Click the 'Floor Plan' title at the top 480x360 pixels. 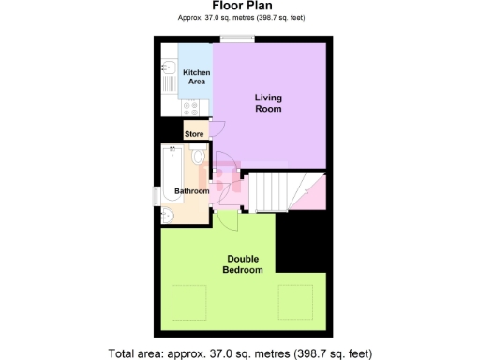pyautogui.click(x=241, y=6)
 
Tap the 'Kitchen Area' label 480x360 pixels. pyautogui.click(x=196, y=77)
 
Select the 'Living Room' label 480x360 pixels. pyautogui.click(x=269, y=102)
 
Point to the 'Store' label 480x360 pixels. pyautogui.click(x=194, y=135)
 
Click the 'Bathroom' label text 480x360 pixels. pyautogui.click(x=192, y=191)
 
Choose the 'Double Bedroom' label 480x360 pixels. pyautogui.click(x=242, y=264)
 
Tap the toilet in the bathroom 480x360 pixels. pyautogui.click(x=197, y=159)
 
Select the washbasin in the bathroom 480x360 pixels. pyautogui.click(x=167, y=216)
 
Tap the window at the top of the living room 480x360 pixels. pyautogui.click(x=235, y=39)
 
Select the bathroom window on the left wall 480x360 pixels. pyautogui.click(x=156, y=195)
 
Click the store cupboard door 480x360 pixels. pyautogui.click(x=216, y=132)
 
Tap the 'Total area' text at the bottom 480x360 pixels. pyautogui.click(x=241, y=353)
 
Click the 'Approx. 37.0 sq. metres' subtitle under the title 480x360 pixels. pyautogui.click(x=241, y=18)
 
